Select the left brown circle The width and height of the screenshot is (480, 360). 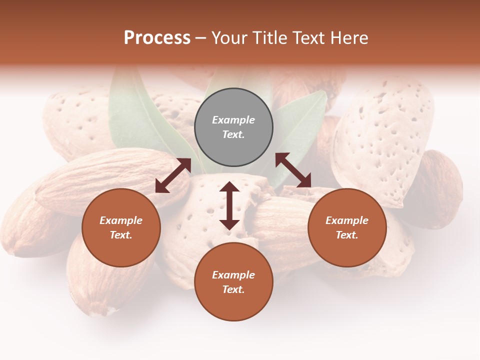121,227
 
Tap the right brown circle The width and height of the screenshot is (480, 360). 347,227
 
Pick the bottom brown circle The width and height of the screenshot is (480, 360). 233,282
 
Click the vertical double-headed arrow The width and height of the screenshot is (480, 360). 229,205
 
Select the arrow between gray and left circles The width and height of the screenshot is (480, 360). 173,175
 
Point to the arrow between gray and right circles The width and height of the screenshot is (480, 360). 293,170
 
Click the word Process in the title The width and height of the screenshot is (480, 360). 157,38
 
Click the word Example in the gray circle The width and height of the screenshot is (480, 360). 233,120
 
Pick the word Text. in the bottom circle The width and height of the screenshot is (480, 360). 233,289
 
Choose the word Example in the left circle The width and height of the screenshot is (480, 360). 121,220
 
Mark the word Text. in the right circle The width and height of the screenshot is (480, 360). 347,235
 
